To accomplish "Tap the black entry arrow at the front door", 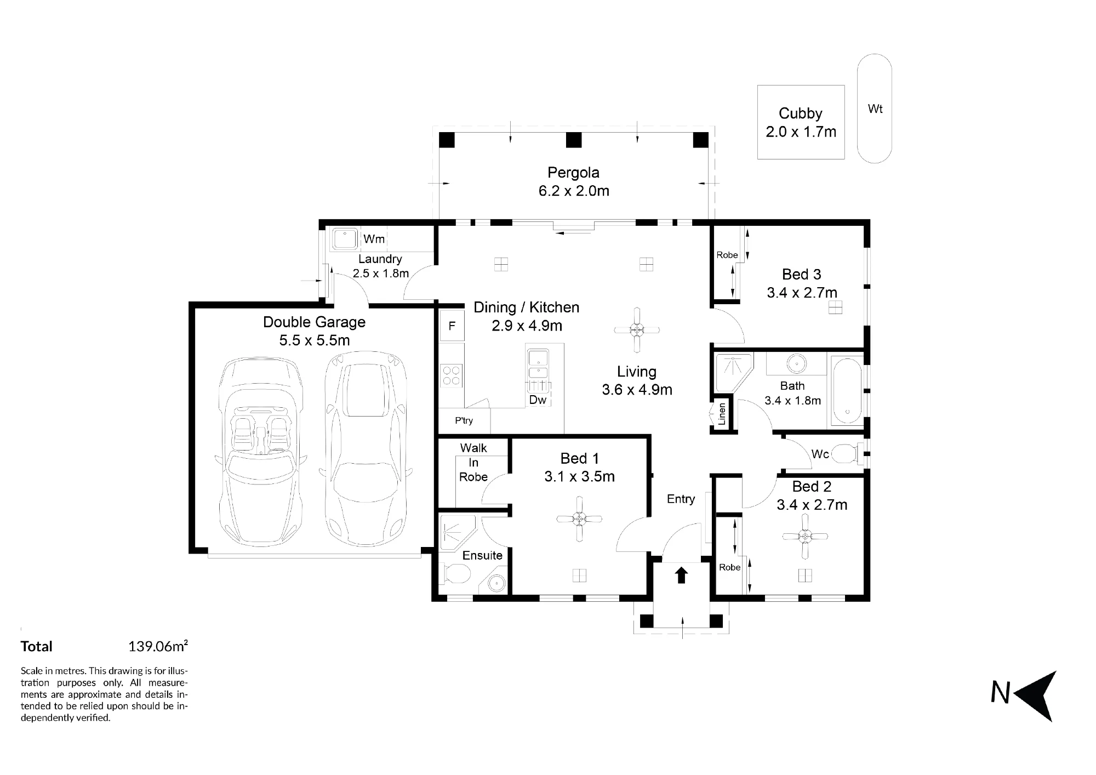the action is point(681,575).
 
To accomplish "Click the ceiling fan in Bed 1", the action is point(579,518).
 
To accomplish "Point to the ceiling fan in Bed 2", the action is point(804,537).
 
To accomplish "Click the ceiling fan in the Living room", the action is point(637,330).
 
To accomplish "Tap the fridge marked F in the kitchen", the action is point(452,326).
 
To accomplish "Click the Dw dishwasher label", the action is point(538,400).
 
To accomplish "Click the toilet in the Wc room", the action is point(848,454).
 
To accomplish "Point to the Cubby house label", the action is point(801,113).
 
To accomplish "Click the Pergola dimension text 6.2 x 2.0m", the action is point(574,191).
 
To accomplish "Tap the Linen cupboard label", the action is point(722,414).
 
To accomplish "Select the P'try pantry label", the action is point(464,420).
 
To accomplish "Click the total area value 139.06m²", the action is point(158,646).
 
